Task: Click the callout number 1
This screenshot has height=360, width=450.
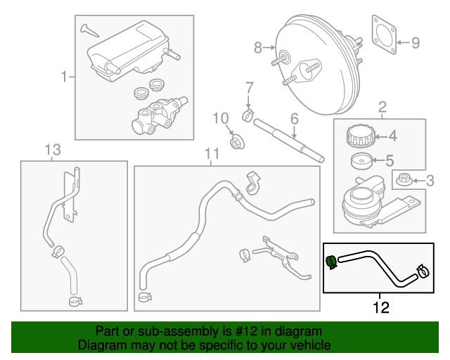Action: (x=64, y=76)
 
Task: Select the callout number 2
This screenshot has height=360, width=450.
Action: (x=382, y=107)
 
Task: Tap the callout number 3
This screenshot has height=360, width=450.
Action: (x=431, y=181)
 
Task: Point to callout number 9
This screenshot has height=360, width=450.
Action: (x=415, y=44)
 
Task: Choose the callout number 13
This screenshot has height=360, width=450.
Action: (x=53, y=149)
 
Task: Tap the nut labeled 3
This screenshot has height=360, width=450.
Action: (x=404, y=180)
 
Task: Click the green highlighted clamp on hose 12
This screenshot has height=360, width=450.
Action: (x=330, y=262)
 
